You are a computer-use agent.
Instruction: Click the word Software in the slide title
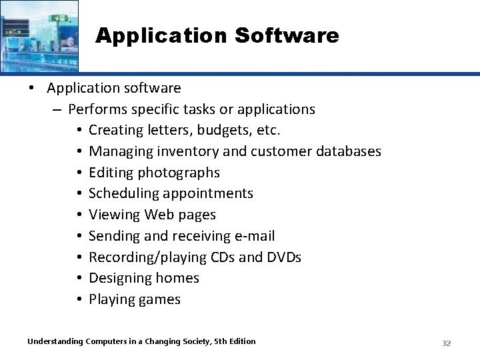pos(291,35)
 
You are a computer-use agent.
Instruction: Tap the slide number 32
pos(447,343)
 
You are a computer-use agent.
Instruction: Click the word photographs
pos(179,173)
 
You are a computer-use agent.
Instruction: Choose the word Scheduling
pos(122,193)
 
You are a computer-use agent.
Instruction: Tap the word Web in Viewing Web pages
pos(159,215)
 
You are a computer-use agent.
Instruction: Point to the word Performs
pos(97,109)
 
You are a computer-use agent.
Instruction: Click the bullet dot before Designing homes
pos(79,279)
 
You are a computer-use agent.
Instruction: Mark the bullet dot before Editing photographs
pos(79,173)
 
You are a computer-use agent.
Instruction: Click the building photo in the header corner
pos(39,35)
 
